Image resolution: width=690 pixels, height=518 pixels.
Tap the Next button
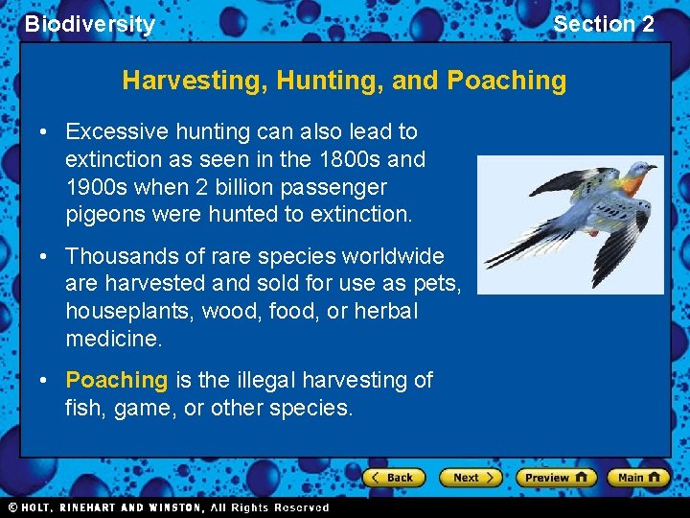click(471, 477)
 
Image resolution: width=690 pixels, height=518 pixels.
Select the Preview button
click(555, 477)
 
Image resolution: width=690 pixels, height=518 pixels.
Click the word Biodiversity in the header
click(89, 24)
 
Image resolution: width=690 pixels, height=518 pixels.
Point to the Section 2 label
click(603, 24)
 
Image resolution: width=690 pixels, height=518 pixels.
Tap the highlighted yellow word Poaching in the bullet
click(116, 380)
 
